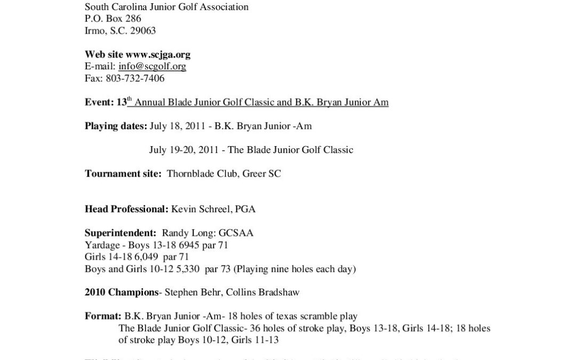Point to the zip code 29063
tap(143, 31)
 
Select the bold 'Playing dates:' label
tap(116, 126)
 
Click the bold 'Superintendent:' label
tap(120, 233)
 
